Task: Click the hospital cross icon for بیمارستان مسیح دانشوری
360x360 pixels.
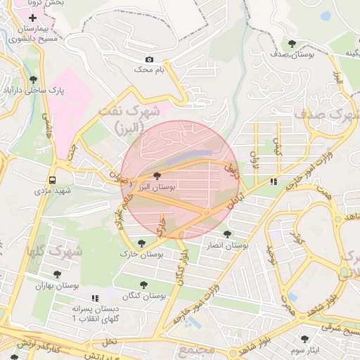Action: tap(32, 17)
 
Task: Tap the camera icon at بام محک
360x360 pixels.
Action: tap(148, 60)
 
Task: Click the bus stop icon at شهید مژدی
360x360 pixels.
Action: tap(53, 179)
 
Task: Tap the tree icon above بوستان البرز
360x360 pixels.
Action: tap(156, 176)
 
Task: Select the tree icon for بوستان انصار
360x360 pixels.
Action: tap(226, 234)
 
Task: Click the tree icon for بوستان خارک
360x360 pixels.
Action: tap(141, 243)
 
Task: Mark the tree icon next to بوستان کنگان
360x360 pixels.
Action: tap(144, 285)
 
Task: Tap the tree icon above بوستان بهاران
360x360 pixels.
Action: tap(57, 274)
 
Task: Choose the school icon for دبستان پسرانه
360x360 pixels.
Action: tap(94, 298)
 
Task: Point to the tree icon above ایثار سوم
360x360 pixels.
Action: tap(304, 338)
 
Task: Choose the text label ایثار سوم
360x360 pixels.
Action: tap(304, 349)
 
